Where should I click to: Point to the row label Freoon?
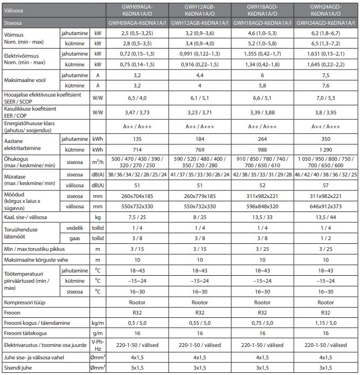click(13, 312)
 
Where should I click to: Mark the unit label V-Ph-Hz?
click(98, 344)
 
